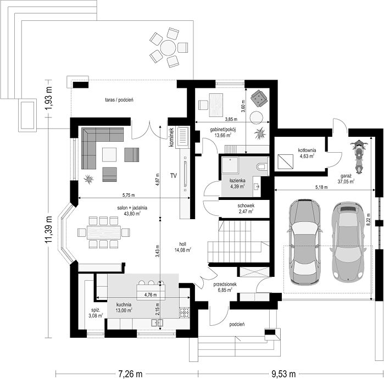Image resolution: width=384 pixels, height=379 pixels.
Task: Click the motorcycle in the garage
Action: [x=359, y=157]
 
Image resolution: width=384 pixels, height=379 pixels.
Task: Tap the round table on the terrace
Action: [x=168, y=47]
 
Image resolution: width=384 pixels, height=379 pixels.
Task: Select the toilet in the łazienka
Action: [x=263, y=166]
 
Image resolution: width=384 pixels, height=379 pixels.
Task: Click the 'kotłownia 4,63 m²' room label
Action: [x=307, y=153]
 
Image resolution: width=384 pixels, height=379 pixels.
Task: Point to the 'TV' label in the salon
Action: [x=174, y=175]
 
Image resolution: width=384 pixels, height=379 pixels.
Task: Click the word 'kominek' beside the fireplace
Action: [x=171, y=137]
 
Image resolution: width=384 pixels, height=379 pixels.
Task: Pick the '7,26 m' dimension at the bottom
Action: [x=130, y=374]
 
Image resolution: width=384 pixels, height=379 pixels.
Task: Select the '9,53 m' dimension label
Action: [x=283, y=374]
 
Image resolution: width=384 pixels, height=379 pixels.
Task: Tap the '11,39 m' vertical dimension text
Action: [x=48, y=230]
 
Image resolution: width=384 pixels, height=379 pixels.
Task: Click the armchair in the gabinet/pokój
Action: [x=258, y=98]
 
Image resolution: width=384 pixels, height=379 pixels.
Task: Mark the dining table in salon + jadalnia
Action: [x=104, y=232]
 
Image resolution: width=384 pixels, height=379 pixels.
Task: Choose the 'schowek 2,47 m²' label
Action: [x=246, y=208]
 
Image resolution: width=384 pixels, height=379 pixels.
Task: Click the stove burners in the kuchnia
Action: [x=184, y=313]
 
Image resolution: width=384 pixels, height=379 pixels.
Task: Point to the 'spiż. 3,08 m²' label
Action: [x=96, y=313]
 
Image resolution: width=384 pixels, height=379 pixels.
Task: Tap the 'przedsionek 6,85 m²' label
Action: [x=225, y=287]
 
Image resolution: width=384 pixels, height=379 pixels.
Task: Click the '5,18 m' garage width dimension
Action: [x=321, y=187]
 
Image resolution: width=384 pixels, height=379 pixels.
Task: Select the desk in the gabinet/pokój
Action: [x=216, y=105]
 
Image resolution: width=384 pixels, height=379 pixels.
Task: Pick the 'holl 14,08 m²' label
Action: [x=183, y=247]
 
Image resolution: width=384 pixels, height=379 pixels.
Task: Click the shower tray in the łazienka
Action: [x=230, y=165]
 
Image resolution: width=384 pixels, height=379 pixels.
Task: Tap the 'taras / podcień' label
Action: [x=119, y=99]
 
